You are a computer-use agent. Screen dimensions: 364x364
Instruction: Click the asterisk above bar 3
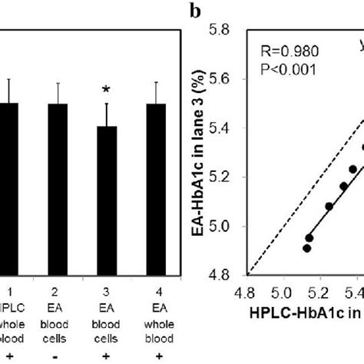coord(108,91)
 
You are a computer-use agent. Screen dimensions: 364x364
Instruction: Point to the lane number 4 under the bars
coord(156,293)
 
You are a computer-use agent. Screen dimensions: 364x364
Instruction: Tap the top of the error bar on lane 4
coord(156,82)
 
